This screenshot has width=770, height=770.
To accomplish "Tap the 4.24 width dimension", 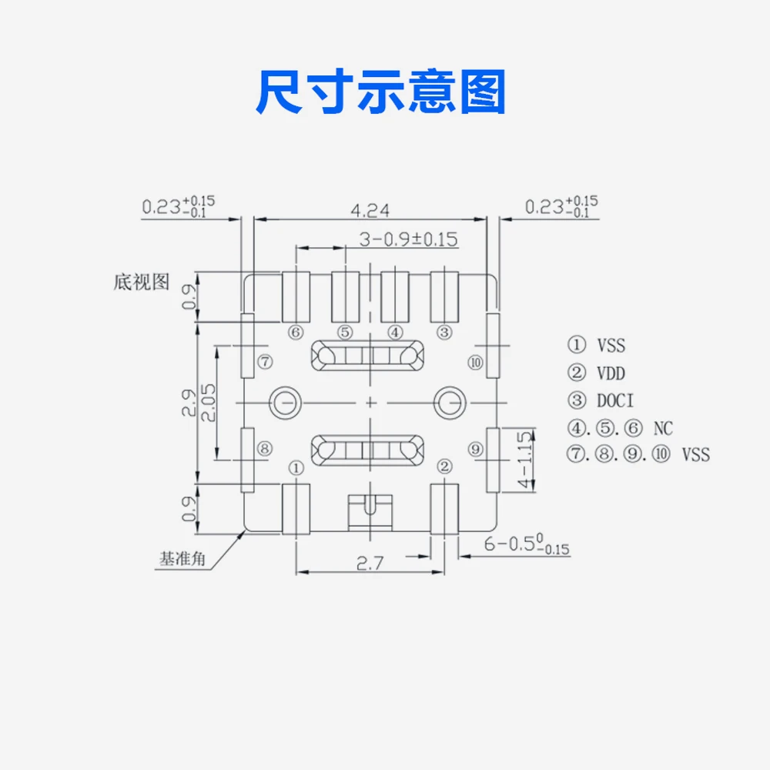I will [370, 209].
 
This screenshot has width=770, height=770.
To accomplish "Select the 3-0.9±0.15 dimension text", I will [409, 239].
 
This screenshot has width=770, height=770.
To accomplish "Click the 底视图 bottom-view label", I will [141, 282].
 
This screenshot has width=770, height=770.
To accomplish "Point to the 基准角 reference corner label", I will [182, 559].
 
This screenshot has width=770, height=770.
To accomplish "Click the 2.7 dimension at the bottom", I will [370, 563].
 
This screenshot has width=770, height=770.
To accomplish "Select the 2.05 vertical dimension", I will [208, 402].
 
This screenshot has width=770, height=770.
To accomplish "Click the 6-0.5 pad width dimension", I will [527, 545].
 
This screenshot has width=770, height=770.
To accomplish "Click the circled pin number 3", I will [444, 333].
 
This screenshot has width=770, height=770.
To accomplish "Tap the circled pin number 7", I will [263, 361].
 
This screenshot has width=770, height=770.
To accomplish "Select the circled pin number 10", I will [476, 362].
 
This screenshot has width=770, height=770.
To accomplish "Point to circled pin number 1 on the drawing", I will [296, 467].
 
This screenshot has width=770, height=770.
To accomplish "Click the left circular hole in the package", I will [283, 401].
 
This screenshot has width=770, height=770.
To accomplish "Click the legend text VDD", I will [611, 373].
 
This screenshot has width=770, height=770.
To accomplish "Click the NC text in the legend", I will [663, 427].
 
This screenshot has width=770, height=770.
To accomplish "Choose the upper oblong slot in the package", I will [367, 355].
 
